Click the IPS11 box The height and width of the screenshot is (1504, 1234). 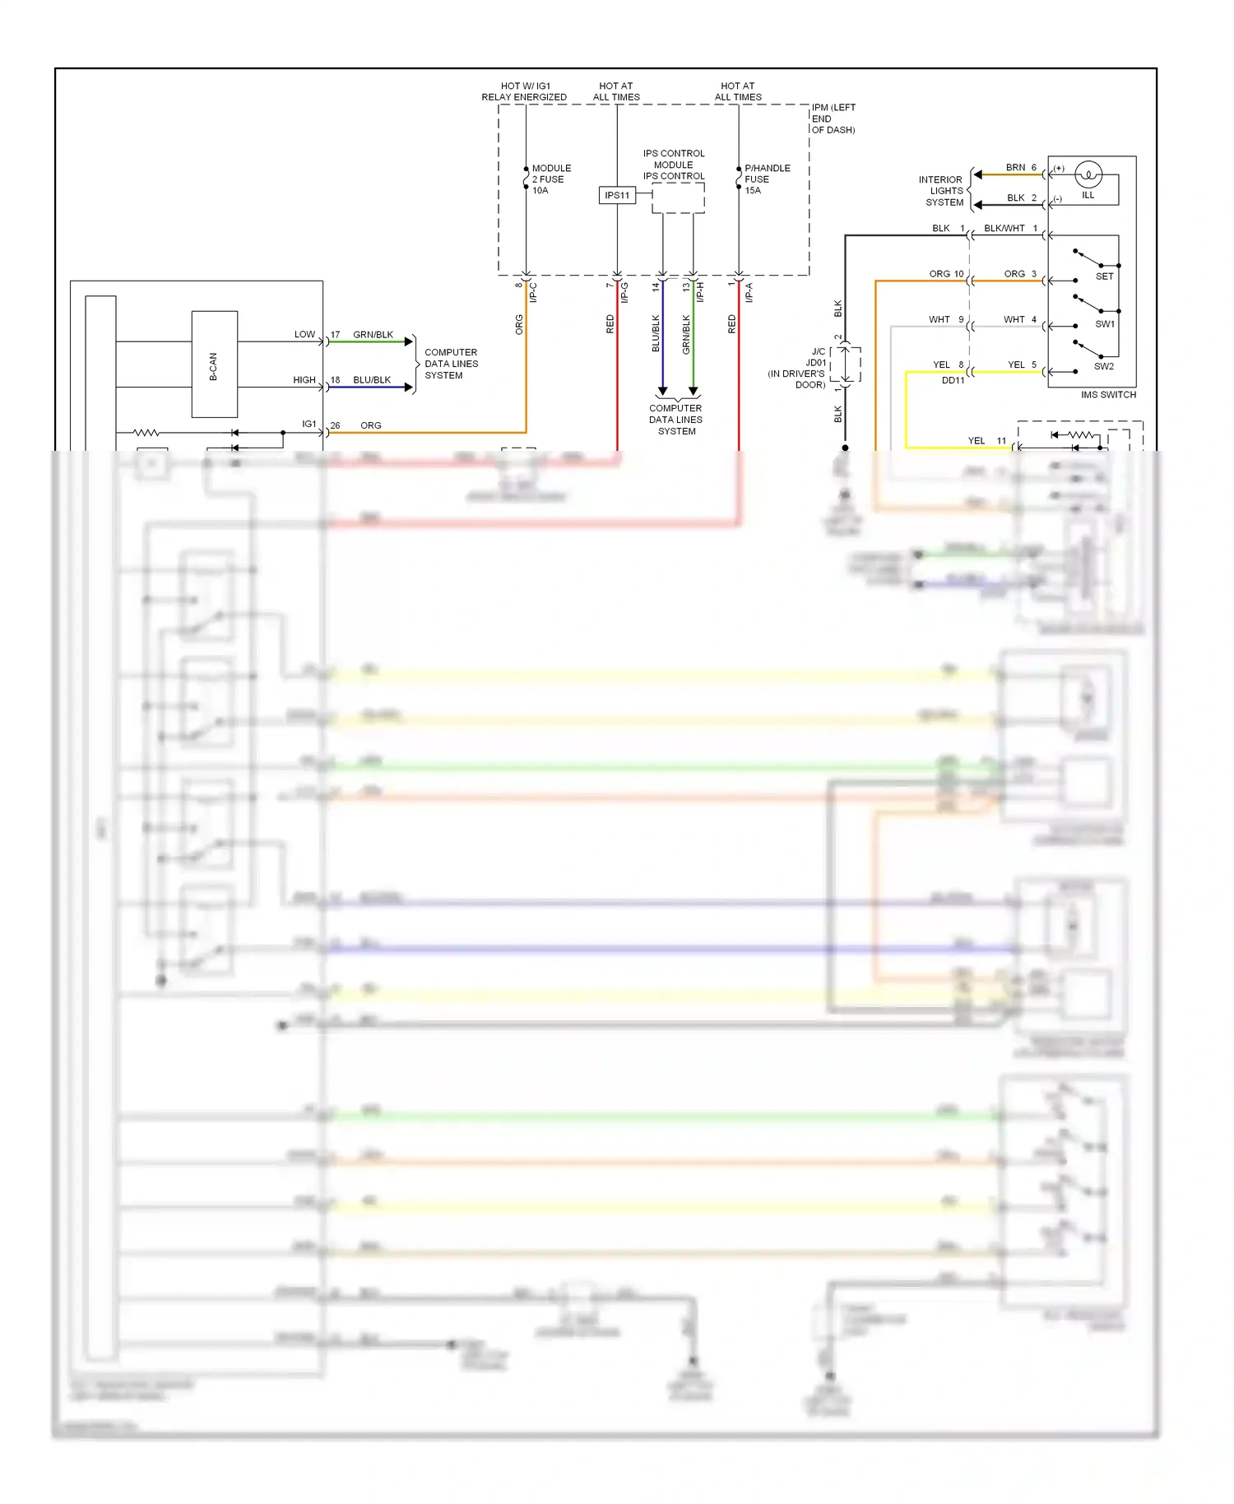(616, 195)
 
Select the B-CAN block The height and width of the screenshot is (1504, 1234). (214, 364)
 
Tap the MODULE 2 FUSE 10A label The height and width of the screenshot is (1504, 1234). (550, 179)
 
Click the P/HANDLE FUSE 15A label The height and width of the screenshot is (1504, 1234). (766, 179)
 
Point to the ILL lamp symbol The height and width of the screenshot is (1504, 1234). (1088, 174)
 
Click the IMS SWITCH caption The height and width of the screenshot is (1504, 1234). (1107, 395)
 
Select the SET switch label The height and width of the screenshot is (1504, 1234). (1104, 276)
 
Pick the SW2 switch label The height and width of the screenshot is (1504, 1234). (1103, 367)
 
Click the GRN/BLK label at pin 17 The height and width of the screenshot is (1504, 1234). (373, 335)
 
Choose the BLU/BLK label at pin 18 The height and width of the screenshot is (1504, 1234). (372, 380)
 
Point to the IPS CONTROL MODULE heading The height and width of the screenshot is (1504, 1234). (673, 165)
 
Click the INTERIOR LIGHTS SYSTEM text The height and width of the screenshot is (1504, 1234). (941, 191)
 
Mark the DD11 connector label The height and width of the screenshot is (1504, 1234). (953, 380)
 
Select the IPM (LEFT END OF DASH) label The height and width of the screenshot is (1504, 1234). (833, 118)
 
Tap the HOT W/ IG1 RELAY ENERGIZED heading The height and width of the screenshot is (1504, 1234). (524, 91)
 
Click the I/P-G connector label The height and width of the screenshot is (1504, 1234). (624, 292)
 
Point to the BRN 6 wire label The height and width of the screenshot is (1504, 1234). (1020, 168)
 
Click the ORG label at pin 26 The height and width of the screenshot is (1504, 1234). (370, 425)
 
